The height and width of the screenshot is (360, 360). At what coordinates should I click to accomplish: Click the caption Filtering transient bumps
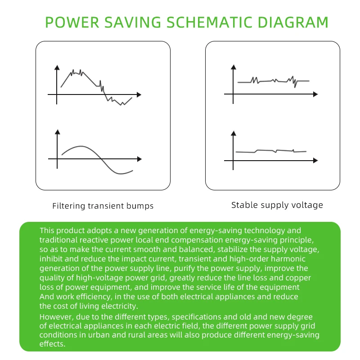[103, 206]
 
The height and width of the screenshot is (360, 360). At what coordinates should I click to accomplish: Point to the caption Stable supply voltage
[277, 205]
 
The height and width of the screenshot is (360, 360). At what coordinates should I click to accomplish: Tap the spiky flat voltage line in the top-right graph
[274, 81]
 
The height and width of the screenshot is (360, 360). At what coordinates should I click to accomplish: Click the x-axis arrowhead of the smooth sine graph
[139, 159]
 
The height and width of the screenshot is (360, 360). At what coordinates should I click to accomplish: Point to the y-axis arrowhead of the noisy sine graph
[57, 68]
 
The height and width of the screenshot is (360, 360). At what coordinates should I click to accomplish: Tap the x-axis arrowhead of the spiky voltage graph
[315, 94]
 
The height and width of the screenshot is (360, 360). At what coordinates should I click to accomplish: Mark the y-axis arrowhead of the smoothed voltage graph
[233, 133]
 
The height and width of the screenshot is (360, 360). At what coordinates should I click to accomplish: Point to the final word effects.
[53, 344]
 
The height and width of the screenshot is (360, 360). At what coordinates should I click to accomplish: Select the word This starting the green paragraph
[48, 230]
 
